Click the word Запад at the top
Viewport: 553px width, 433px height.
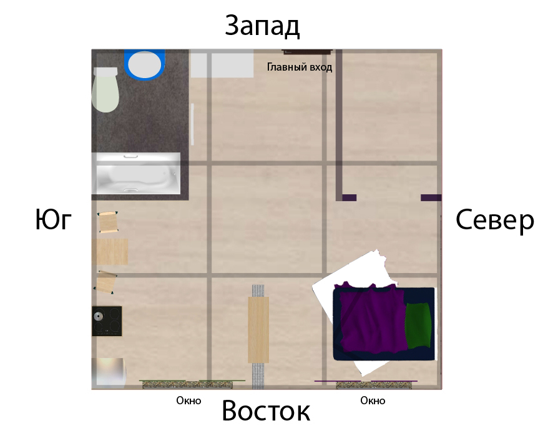coord(262,26)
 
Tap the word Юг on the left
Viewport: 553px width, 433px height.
coord(54,219)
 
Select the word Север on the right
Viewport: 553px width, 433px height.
coord(495,221)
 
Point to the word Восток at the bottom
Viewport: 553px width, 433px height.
coord(266,411)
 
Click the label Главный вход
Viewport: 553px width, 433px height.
coord(300,67)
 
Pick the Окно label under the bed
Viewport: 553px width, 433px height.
coord(373,401)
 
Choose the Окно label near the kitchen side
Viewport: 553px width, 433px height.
coord(188,401)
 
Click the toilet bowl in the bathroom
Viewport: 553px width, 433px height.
coord(105,90)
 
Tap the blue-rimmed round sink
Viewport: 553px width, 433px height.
coord(145,64)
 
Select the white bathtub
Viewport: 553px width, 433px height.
coord(136,174)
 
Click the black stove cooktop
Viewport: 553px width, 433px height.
coord(107,321)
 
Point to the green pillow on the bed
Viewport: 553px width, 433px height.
coord(418,326)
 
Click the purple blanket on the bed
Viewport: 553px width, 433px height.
coord(373,319)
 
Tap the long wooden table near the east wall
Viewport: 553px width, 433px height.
coord(258,330)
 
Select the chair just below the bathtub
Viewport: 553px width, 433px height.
coord(107,222)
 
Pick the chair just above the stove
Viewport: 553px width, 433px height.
coord(105,282)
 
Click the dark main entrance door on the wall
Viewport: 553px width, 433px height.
coord(307,52)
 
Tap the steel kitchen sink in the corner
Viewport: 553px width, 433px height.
coord(109,372)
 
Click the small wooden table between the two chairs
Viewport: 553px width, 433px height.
coord(110,252)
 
